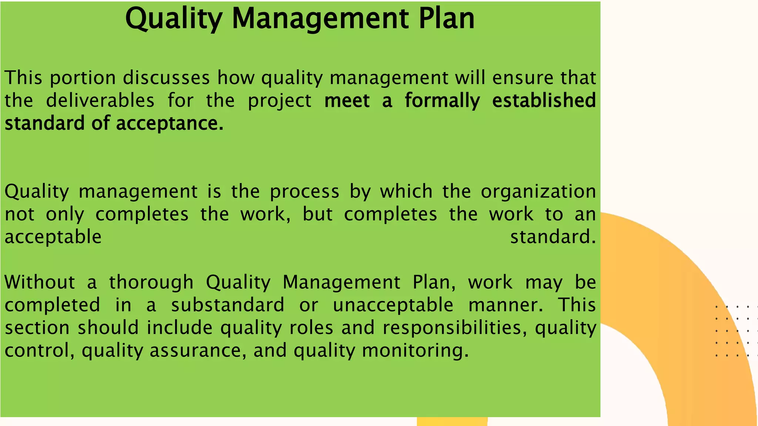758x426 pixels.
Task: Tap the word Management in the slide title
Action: pyautogui.click(x=321, y=19)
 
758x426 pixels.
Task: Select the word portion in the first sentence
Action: pyautogui.click(x=83, y=78)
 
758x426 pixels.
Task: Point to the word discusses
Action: pyautogui.click(x=166, y=78)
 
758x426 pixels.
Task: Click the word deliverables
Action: pyautogui.click(x=100, y=101)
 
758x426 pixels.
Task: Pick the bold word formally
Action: pyautogui.click(x=442, y=101)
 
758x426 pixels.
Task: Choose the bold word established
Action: pyautogui.click(x=544, y=101)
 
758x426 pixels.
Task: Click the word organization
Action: pyautogui.click(x=538, y=192)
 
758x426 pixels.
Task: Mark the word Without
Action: pyautogui.click(x=40, y=282)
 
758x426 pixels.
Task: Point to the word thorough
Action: pyautogui.click(x=151, y=283)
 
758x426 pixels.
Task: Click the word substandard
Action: pyautogui.click(x=228, y=305)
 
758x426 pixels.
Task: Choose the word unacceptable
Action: pyautogui.click(x=393, y=305)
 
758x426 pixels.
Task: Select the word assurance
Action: pyautogui.click(x=198, y=350)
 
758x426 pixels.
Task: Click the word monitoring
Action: pyautogui.click(x=415, y=351)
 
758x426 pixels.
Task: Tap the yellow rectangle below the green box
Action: pyautogui.click(x=452, y=422)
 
